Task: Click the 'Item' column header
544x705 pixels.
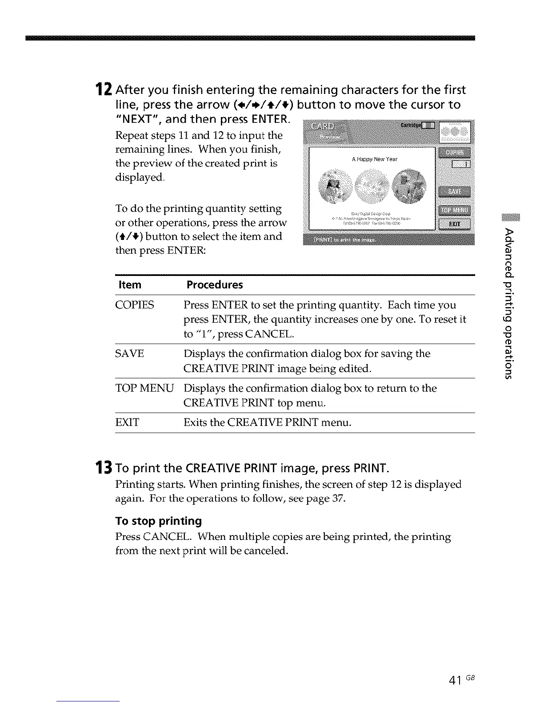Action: pyautogui.click(x=128, y=285)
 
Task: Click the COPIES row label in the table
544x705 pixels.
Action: pyautogui.click(x=135, y=305)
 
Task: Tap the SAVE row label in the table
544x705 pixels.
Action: pyautogui.click(x=130, y=354)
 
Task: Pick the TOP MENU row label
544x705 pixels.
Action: pyautogui.click(x=144, y=388)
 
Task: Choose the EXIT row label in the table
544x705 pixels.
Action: pyautogui.click(x=127, y=422)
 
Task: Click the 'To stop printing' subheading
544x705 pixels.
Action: pyautogui.click(x=158, y=521)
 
